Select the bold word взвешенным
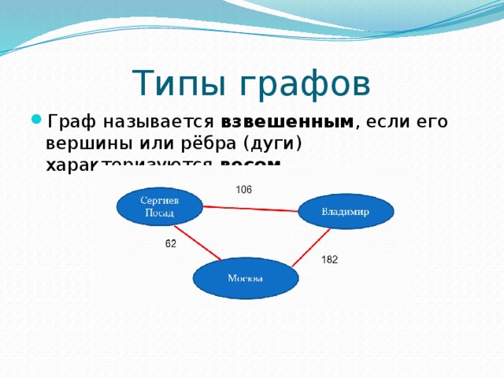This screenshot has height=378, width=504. click(x=288, y=122)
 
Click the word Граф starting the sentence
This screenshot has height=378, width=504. click(x=72, y=122)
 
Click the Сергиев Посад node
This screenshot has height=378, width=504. click(x=159, y=206)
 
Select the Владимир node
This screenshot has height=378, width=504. click(x=346, y=212)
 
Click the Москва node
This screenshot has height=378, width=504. click(x=246, y=278)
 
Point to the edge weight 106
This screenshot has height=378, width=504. click(x=243, y=189)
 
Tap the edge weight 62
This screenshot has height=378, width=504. click(x=171, y=244)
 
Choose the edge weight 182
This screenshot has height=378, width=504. click(x=329, y=259)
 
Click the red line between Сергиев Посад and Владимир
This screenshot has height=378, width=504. click(x=250, y=209)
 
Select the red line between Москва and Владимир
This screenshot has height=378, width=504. click(x=310, y=248)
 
